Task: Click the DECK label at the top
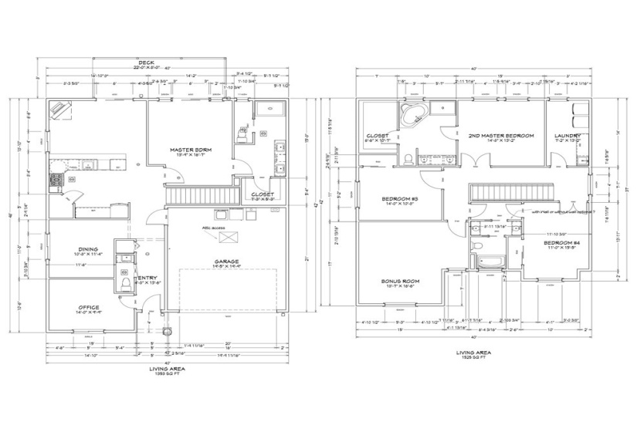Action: (145, 62)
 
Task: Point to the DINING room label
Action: (87, 248)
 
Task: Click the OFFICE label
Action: (88, 307)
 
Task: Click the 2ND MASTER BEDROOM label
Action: (501, 135)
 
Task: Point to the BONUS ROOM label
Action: (400, 281)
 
